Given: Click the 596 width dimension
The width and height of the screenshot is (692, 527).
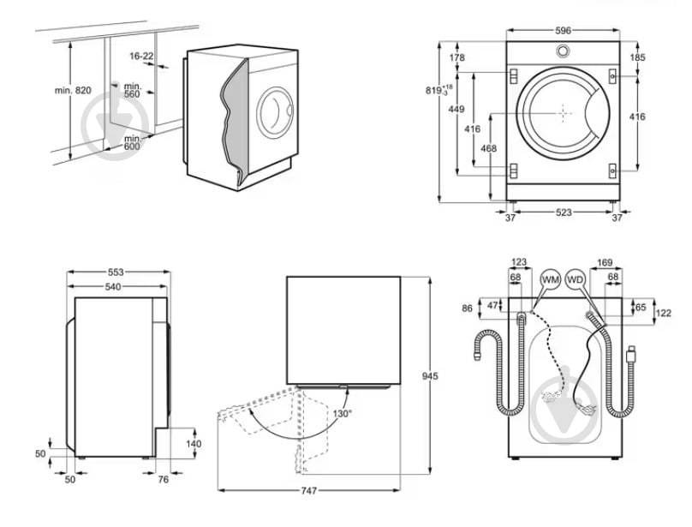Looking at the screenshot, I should (563, 30).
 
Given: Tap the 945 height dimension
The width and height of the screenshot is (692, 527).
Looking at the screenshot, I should (437, 375).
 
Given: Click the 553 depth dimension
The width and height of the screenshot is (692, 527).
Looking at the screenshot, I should (116, 272).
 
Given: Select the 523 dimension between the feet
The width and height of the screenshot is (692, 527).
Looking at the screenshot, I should (563, 213).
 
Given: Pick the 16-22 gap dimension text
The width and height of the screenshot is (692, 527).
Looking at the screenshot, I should (142, 56).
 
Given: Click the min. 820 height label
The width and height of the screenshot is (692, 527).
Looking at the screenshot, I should (72, 90).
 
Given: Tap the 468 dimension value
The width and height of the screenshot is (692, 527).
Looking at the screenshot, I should (489, 149).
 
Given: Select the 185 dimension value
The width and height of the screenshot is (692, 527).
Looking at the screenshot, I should (661, 57).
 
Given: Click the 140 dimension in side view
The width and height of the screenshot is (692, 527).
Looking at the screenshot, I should (193, 444).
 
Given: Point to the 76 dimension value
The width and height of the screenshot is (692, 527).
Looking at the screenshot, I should (164, 479).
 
